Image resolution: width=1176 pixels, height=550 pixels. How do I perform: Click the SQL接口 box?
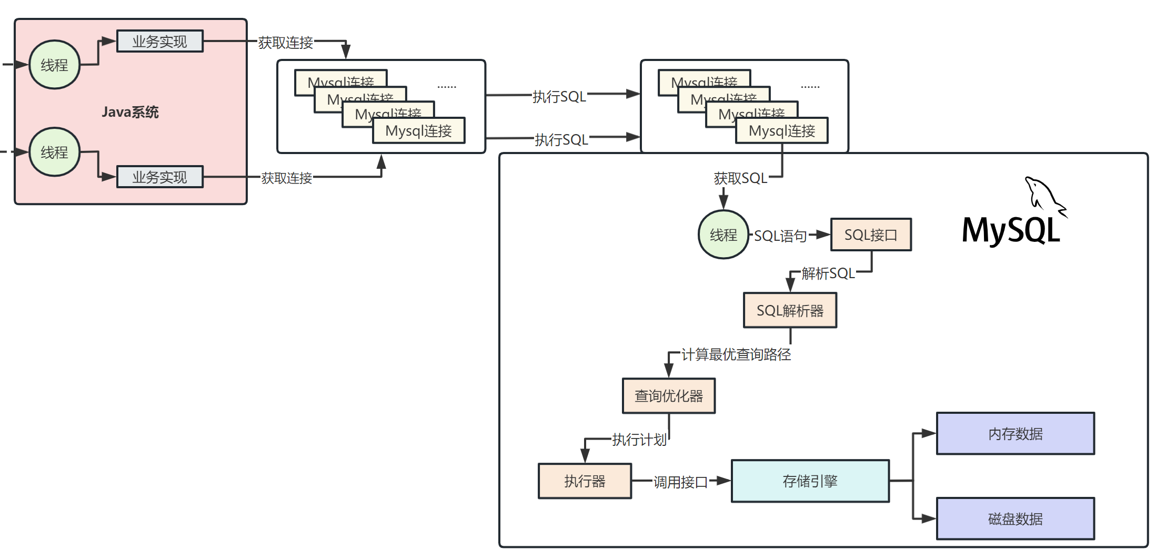(x=871, y=235)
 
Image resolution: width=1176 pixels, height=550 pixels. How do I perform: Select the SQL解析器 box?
(x=790, y=310)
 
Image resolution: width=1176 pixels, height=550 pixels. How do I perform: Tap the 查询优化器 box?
(x=668, y=395)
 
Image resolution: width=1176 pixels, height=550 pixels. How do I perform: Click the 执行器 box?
(x=585, y=481)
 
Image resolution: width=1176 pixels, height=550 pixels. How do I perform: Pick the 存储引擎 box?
(x=810, y=481)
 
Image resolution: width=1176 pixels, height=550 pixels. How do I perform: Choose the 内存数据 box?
(x=1015, y=433)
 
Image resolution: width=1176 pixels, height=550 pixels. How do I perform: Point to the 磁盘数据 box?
(x=1015, y=518)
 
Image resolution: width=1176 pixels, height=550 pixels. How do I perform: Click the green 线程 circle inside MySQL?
(x=723, y=235)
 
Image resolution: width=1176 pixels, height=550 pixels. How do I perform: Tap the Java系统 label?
(x=130, y=112)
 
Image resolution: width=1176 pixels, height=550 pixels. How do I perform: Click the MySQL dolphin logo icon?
(x=1044, y=196)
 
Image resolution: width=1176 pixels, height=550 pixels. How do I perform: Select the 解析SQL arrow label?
(x=828, y=273)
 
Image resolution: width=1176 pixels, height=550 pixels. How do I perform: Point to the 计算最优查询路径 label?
(x=736, y=354)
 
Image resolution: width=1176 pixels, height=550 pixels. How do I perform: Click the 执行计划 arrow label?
(x=639, y=440)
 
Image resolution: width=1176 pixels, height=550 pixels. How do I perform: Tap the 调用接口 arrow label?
(x=680, y=482)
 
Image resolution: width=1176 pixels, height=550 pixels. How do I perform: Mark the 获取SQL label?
(x=740, y=178)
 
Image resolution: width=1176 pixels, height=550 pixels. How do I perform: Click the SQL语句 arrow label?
(x=780, y=236)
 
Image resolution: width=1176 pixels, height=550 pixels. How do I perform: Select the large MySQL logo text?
(x=1010, y=230)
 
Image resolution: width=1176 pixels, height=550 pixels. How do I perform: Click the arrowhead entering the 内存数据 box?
(x=929, y=434)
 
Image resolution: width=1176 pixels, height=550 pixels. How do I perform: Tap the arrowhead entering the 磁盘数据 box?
(x=929, y=519)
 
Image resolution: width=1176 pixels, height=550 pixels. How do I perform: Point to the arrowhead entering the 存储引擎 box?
(x=724, y=481)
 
